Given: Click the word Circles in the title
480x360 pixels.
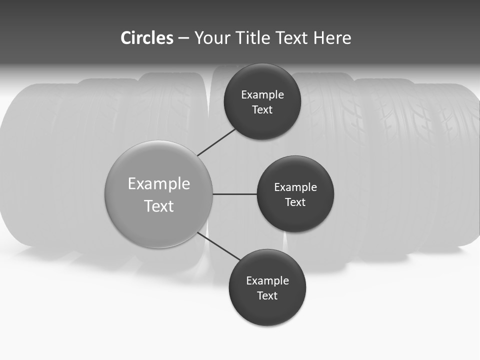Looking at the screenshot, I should tap(146, 38).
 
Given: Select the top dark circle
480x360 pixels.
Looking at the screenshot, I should tap(262, 80).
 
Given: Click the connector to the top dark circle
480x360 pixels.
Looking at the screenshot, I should tap(216, 142).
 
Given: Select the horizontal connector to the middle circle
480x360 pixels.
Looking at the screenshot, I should tap(234, 194).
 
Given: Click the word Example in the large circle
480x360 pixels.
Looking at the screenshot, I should tap(159, 184).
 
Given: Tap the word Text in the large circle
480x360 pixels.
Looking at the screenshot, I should tap(159, 206).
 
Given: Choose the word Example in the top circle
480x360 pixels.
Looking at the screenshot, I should tap(262, 95).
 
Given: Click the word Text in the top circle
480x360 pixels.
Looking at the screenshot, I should tap(262, 110).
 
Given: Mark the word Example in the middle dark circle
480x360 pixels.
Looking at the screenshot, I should tap(295, 187).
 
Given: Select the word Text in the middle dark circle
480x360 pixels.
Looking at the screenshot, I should tap(295, 202).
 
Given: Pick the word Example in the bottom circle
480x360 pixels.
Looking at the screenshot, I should tap(267, 281).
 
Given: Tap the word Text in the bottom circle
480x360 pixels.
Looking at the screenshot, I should tap(267, 296).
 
